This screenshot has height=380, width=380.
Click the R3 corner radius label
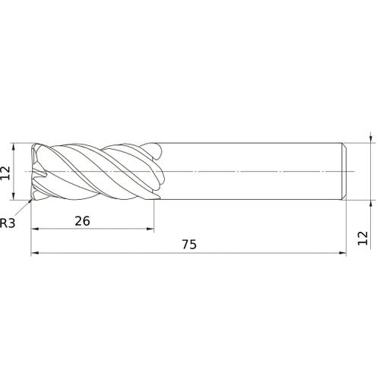8,223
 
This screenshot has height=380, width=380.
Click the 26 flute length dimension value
82,221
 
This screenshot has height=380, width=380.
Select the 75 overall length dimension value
189,245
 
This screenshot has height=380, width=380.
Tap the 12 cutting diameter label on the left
5,173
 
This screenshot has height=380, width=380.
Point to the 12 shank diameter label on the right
363,238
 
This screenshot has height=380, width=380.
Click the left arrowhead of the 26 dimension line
34,229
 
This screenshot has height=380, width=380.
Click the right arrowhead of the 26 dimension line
150,229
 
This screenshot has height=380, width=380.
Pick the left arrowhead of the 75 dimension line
34,252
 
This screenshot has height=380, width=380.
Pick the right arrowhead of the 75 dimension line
342,252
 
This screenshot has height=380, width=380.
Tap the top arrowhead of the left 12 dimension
14,147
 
